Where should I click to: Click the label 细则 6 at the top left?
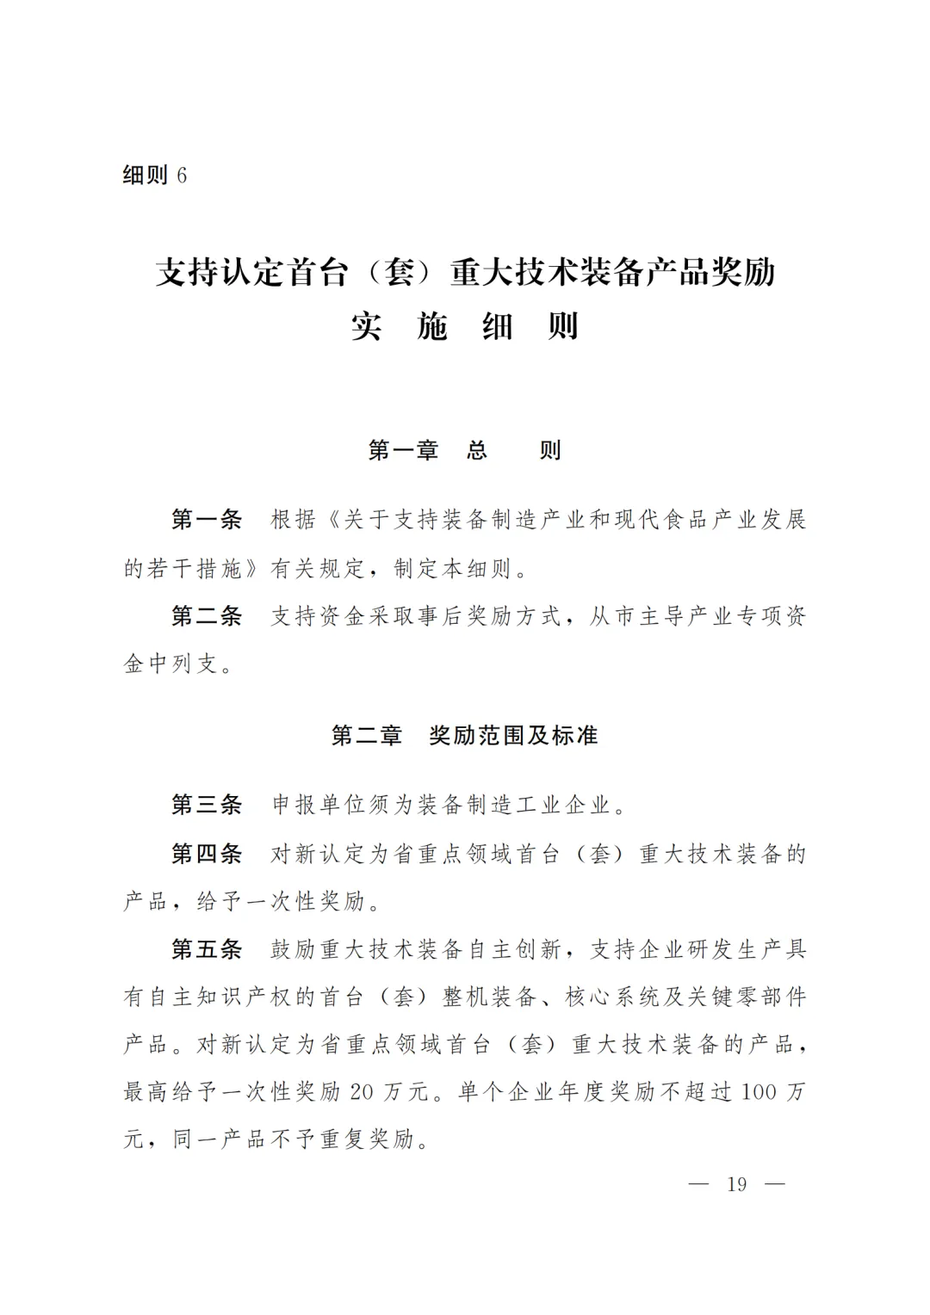coord(155,176)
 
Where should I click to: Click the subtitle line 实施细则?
coord(465,328)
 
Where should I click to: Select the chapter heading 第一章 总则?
coord(465,450)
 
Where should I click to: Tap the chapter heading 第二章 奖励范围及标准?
coord(465,736)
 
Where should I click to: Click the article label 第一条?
coord(207,520)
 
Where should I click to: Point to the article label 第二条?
coord(207,616)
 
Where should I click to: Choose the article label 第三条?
coord(207,805)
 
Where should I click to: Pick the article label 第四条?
coord(207,854)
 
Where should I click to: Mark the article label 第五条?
coord(207,949)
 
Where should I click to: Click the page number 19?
coord(737,1184)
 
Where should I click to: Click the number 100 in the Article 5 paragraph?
coord(759,1092)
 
